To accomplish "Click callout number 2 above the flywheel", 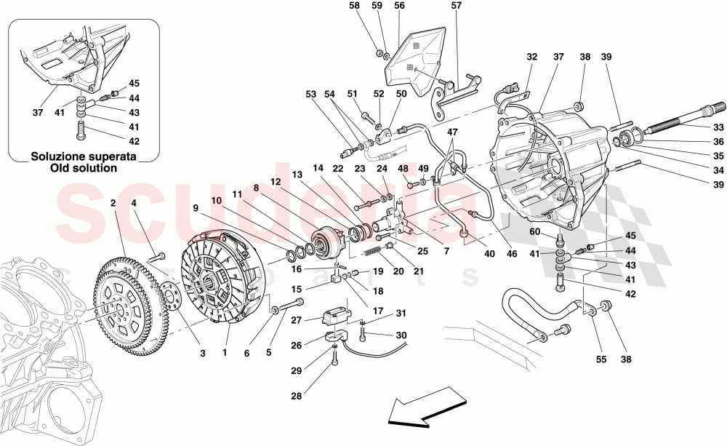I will click(114, 204).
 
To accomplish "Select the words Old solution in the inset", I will click(84, 168).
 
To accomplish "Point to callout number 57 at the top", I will click(456, 6).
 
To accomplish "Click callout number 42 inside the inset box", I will click(134, 142).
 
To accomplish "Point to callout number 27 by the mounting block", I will click(296, 319).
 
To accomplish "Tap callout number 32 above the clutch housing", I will click(532, 56).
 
